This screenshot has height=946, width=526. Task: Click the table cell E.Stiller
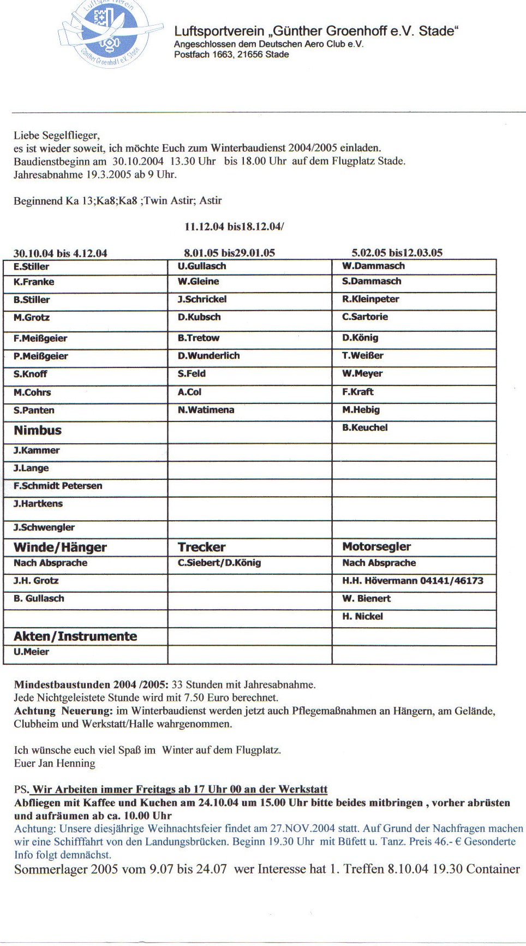(32, 267)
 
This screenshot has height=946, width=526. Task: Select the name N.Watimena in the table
(206, 410)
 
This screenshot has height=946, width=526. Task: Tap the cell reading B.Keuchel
(364, 428)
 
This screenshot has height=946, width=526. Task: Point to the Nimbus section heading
(38, 431)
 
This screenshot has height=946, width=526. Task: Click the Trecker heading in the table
(201, 548)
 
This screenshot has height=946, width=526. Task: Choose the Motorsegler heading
(376, 547)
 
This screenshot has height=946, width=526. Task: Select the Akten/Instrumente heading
(75, 636)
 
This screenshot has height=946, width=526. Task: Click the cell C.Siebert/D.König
(219, 563)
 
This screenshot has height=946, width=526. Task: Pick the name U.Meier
(32, 652)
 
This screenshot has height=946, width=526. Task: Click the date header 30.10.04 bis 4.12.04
(60, 253)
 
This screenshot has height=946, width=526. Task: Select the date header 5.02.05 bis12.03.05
(397, 253)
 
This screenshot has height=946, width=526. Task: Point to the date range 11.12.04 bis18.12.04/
(234, 227)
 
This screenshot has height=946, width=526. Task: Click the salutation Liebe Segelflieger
(57, 135)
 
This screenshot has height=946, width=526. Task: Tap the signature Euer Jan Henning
(55, 763)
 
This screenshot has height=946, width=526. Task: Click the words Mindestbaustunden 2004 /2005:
(91, 685)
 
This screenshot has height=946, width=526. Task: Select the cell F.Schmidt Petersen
(58, 486)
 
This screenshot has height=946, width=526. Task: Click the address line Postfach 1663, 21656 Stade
(231, 55)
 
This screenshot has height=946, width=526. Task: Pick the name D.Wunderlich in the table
(208, 356)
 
